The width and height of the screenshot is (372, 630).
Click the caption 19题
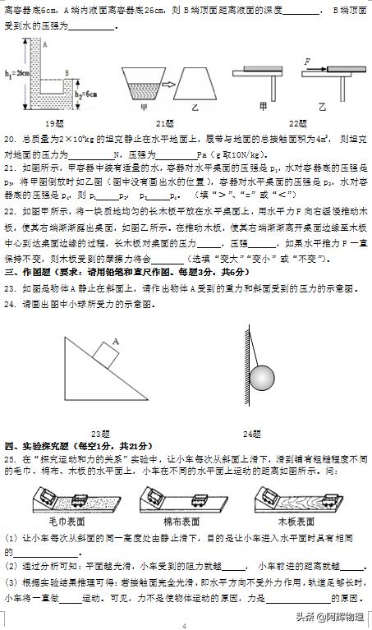[55, 122]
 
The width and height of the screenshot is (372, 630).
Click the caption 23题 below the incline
[101, 433]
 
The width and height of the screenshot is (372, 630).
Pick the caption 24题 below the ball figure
[252, 433]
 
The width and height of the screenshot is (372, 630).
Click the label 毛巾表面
[67, 521]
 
